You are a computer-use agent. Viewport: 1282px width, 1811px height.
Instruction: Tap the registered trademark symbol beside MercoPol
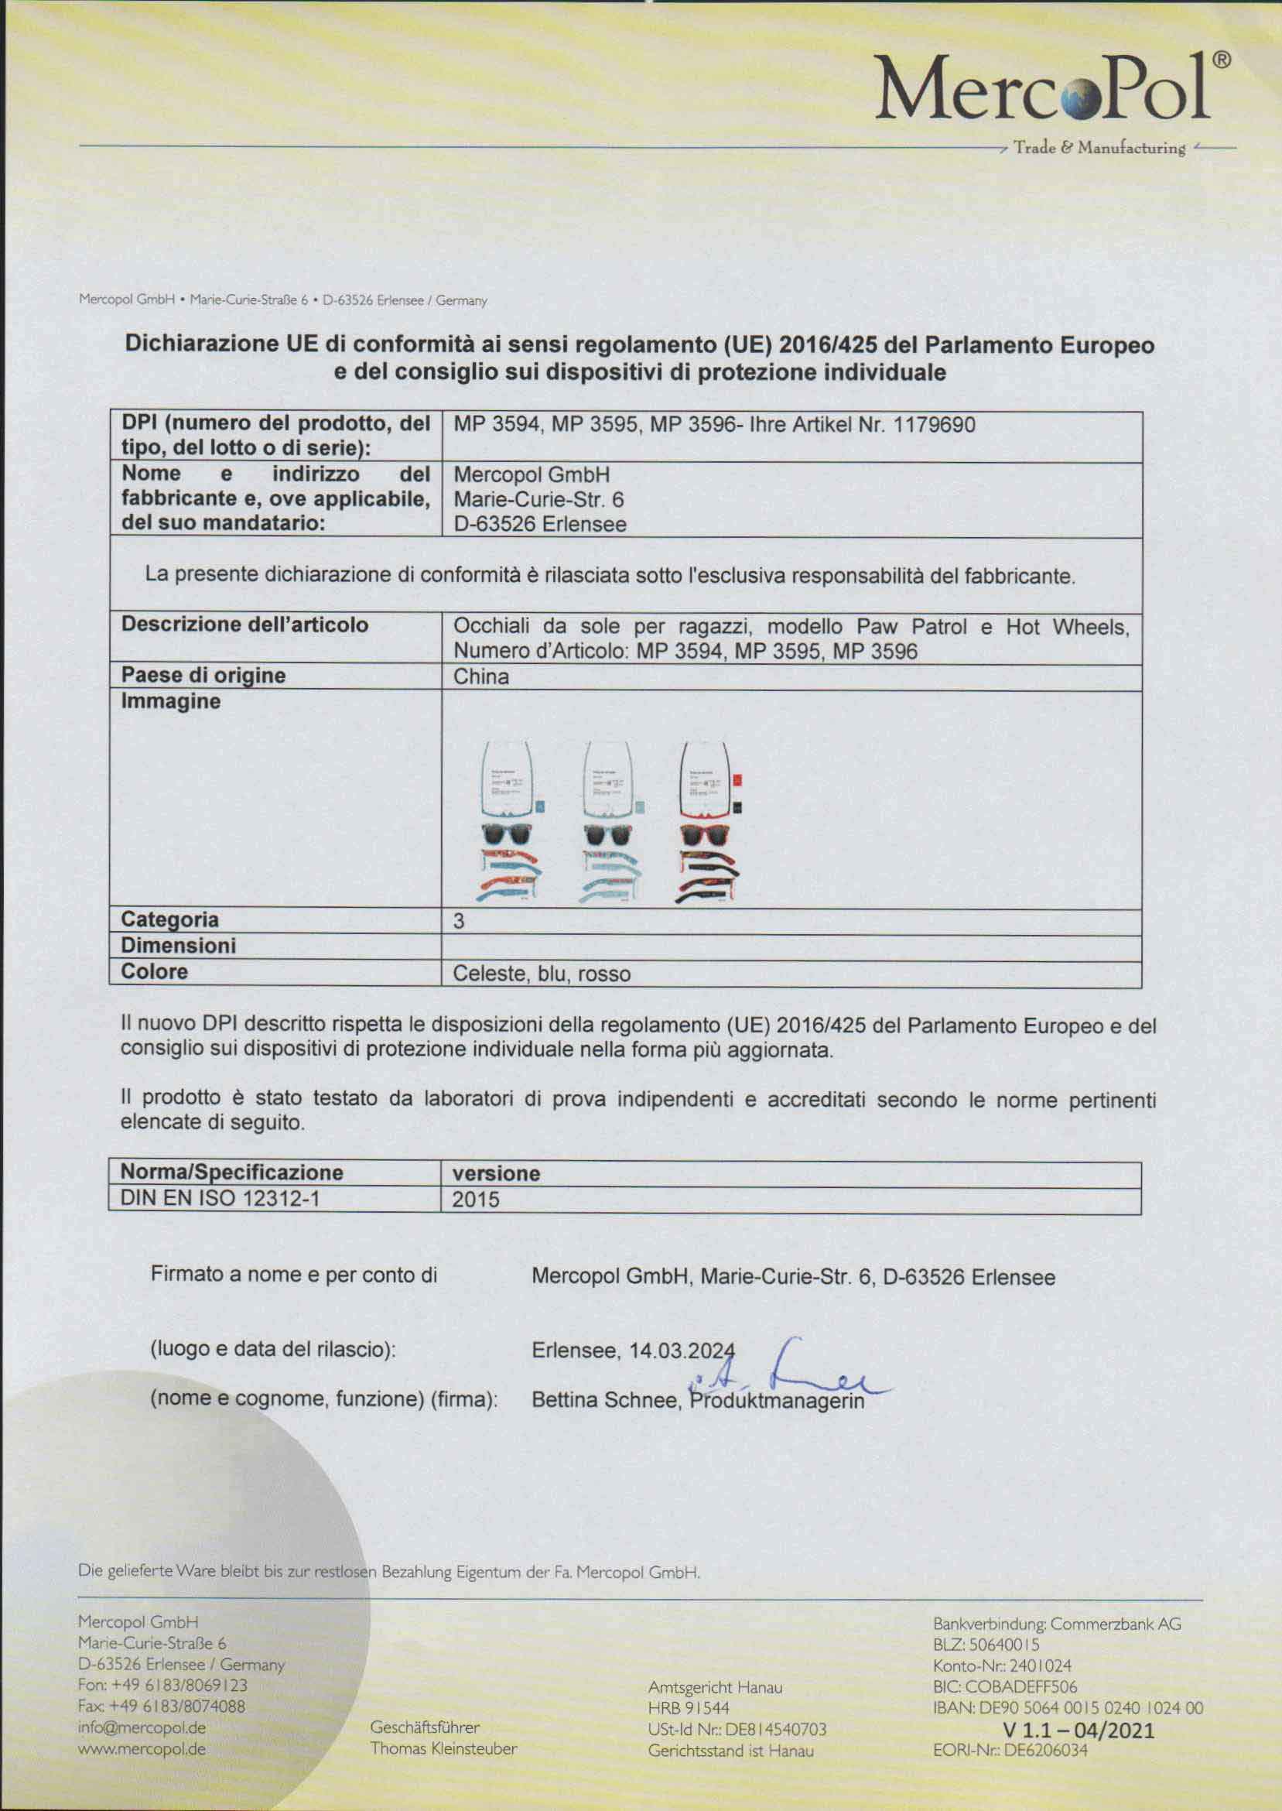(x=1219, y=60)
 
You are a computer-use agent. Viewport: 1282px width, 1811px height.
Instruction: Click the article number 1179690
(x=934, y=425)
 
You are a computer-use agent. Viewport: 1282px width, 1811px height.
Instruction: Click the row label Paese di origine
(x=203, y=676)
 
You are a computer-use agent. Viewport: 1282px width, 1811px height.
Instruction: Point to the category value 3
(x=459, y=921)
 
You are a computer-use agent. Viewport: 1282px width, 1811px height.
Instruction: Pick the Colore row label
(x=154, y=972)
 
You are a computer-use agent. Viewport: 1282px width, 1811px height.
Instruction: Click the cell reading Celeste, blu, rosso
(x=542, y=974)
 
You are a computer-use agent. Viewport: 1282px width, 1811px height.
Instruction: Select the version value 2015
(x=475, y=1200)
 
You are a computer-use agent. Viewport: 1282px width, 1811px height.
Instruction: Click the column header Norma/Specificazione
(x=231, y=1173)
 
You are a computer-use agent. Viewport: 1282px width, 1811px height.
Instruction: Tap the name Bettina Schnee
(x=604, y=1400)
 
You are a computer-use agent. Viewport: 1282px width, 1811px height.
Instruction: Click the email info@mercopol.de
(x=142, y=1727)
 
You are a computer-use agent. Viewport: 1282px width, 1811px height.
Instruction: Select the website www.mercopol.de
(x=142, y=1748)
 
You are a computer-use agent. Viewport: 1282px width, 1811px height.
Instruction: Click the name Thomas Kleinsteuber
(x=443, y=1748)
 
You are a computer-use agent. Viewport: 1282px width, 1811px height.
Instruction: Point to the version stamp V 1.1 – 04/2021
(x=1079, y=1731)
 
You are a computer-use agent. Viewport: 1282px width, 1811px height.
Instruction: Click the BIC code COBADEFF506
(x=1005, y=1687)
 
